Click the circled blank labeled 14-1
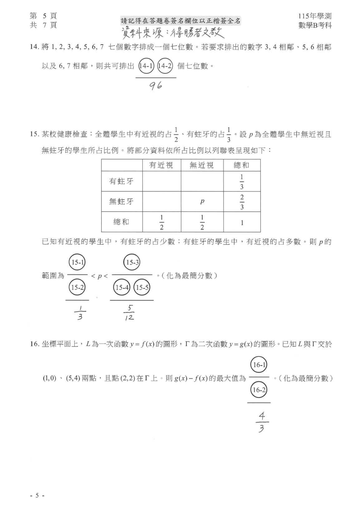pos(146,66)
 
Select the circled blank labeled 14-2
pos(165,66)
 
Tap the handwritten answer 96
pos(156,86)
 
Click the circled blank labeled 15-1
pos(77,262)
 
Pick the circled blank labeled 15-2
pos(77,287)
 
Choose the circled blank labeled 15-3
pos(132,262)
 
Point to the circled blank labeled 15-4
pos(122,287)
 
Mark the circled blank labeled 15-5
pos(142,287)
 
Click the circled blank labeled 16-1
pos(259,364)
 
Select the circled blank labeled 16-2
pos(259,390)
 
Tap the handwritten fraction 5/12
pos(129,313)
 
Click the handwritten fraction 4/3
pos(261,422)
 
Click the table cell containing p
pos(202,202)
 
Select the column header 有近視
pos(161,165)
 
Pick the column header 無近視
pos(202,165)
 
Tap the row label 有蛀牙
pos(121,181)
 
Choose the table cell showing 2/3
pos(242,202)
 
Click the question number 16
pos(34,345)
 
